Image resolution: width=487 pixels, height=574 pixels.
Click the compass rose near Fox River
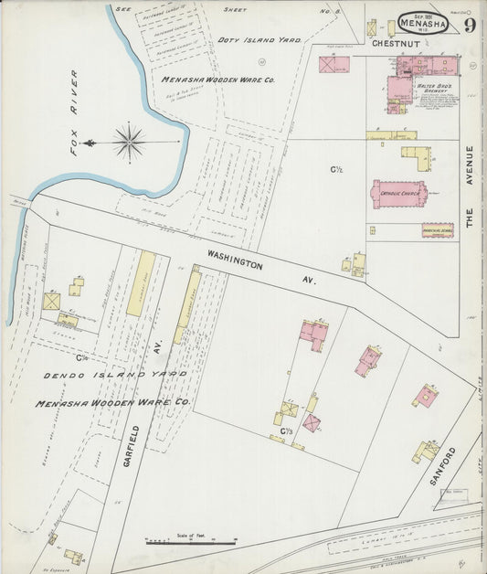point(129,142)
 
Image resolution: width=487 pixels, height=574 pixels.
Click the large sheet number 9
point(468,25)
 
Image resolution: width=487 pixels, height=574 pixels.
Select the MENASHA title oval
point(422,22)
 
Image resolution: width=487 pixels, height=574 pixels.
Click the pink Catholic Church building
point(399,193)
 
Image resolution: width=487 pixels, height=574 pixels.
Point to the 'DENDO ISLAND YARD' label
point(116,375)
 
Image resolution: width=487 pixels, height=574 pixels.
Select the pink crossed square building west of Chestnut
point(333,64)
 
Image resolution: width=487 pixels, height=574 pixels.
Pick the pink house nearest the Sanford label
point(425,397)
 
